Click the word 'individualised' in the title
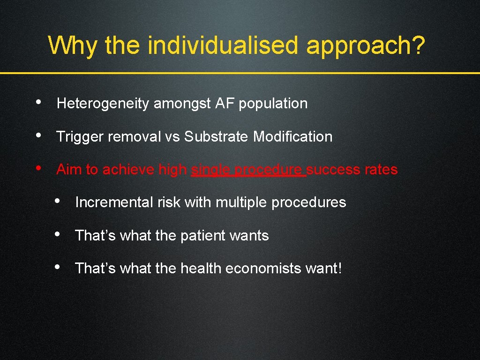point(223,45)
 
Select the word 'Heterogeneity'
point(103,104)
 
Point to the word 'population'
point(273,104)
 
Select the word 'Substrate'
point(216,137)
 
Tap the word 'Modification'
point(292,137)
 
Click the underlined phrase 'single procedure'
point(248,170)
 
